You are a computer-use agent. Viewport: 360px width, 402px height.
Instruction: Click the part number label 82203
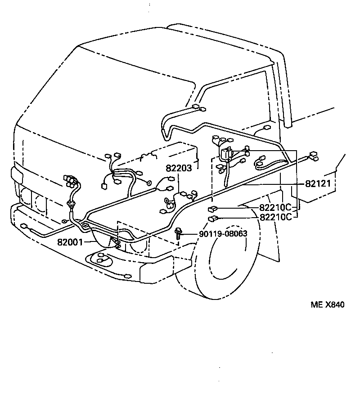pyautogui.click(x=179, y=168)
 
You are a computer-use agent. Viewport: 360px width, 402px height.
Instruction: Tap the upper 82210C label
pyautogui.click(x=275, y=208)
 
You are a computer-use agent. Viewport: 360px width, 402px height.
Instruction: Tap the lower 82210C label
pyautogui.click(x=275, y=217)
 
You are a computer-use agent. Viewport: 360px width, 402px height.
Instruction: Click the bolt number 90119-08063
pyautogui.click(x=223, y=234)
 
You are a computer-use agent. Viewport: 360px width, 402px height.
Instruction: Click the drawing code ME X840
pyautogui.click(x=327, y=305)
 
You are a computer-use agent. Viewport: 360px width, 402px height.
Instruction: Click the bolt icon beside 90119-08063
pyautogui.click(x=179, y=233)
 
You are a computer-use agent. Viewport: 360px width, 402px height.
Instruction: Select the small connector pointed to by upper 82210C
pyautogui.click(x=212, y=209)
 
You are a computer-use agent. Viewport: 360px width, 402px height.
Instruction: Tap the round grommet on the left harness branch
pyautogui.click(x=71, y=205)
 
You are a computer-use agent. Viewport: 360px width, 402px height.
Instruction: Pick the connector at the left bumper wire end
pyautogui.click(x=24, y=225)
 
